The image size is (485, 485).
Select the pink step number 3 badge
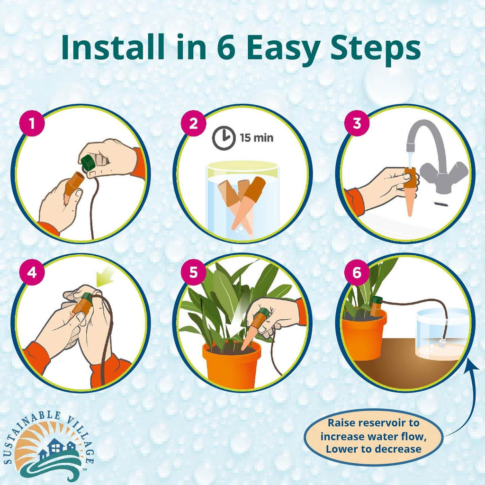tap(357, 124)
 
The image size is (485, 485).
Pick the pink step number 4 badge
tap(31, 272)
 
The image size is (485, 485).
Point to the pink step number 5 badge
tap(193, 272)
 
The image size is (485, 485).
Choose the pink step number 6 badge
tap(357, 272)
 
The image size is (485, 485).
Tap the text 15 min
tap(256, 138)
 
